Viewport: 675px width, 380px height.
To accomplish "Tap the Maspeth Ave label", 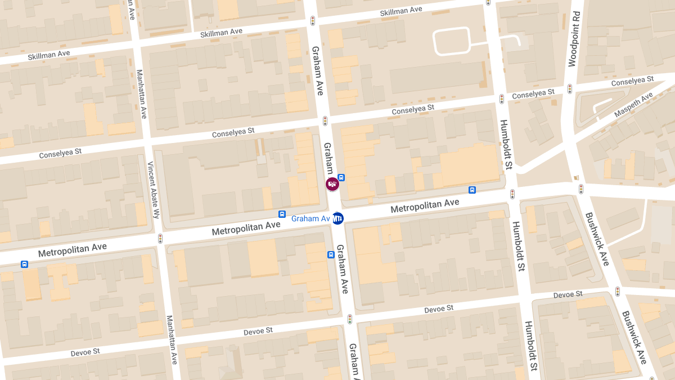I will pyautogui.click(x=633, y=105).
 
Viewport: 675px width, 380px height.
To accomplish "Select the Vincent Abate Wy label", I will pyautogui.click(x=154, y=190).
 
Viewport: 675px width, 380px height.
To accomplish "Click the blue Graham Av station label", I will pyautogui.click(x=310, y=218).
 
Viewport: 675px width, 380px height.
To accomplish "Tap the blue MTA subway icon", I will pyautogui.click(x=338, y=218).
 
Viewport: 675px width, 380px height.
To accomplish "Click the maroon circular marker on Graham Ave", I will pyautogui.click(x=333, y=184).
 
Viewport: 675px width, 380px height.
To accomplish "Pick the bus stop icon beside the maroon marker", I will pyautogui.click(x=341, y=177).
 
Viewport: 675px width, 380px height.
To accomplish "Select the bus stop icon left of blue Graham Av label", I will pyautogui.click(x=282, y=214).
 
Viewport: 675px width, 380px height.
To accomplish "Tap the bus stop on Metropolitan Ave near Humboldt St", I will pyautogui.click(x=472, y=190).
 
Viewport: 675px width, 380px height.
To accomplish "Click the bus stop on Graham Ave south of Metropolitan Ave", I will pyautogui.click(x=331, y=254).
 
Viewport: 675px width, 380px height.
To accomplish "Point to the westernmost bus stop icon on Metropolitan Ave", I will pyautogui.click(x=25, y=264).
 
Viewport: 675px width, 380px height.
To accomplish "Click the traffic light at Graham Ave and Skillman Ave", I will pyautogui.click(x=313, y=21).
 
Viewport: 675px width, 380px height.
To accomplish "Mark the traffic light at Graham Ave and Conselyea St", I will pyautogui.click(x=325, y=120).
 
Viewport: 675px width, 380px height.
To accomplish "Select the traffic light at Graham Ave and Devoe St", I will pyautogui.click(x=350, y=319).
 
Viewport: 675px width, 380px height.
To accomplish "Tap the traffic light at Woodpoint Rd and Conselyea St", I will pyautogui.click(x=570, y=89).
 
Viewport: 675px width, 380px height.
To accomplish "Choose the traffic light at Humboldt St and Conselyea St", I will pyautogui.click(x=502, y=99).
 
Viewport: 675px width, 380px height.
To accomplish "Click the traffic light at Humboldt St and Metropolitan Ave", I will pyautogui.click(x=512, y=194).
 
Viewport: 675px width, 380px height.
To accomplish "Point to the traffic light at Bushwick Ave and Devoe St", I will pyautogui.click(x=617, y=292).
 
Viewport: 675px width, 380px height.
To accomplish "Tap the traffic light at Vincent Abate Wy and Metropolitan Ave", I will pyautogui.click(x=160, y=238).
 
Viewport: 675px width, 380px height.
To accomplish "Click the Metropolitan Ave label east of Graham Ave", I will pyautogui.click(x=425, y=205).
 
